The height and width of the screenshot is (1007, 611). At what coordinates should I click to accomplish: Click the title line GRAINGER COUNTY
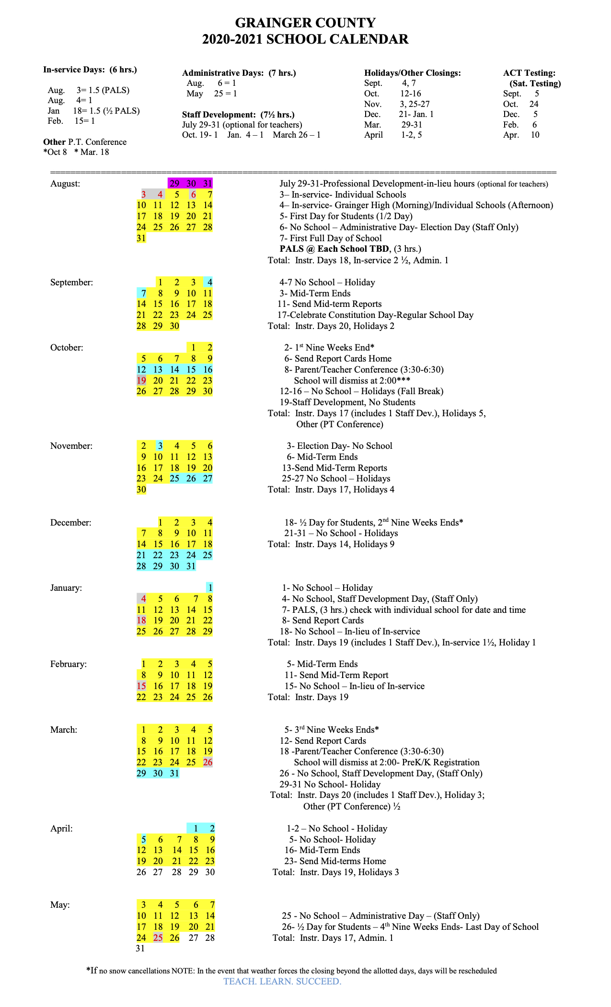(x=305, y=23)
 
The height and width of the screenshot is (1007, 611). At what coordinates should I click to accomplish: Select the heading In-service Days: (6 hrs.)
(x=90, y=70)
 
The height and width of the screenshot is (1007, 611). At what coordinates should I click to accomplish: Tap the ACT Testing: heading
(x=529, y=73)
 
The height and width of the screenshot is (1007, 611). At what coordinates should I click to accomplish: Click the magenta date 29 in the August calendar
(x=174, y=183)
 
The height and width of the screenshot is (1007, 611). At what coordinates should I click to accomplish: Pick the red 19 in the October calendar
(x=141, y=380)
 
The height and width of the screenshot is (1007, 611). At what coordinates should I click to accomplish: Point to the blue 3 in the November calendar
(x=160, y=446)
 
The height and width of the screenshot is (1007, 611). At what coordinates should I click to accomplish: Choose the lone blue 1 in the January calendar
(x=210, y=588)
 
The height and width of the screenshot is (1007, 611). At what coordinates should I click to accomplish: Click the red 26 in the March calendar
(x=208, y=762)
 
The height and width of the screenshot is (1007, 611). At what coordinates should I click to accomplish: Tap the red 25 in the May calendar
(x=158, y=937)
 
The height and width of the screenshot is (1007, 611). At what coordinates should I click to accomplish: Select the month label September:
(x=71, y=282)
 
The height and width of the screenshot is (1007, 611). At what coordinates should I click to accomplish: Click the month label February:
(x=69, y=664)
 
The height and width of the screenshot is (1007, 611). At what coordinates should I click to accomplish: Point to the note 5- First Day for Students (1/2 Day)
(x=346, y=216)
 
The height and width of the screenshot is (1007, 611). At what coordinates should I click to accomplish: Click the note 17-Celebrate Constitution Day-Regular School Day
(x=375, y=315)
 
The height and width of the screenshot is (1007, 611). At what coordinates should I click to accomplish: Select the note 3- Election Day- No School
(x=339, y=446)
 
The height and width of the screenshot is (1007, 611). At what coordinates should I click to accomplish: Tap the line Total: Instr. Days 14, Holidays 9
(x=331, y=544)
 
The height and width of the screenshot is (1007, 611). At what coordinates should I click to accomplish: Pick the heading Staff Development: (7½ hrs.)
(x=238, y=115)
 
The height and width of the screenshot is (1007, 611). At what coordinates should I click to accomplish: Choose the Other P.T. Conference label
(x=85, y=142)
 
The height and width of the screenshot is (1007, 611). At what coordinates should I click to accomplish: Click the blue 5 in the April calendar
(x=143, y=840)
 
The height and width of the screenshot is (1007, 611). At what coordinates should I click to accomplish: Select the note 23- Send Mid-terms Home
(x=335, y=861)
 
